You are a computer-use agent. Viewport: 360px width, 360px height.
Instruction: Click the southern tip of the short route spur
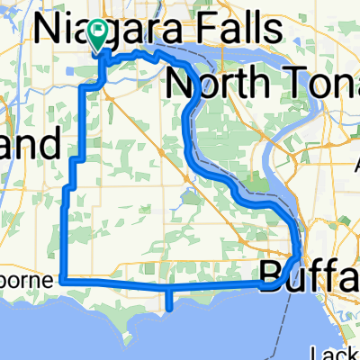(x=169, y=307)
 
